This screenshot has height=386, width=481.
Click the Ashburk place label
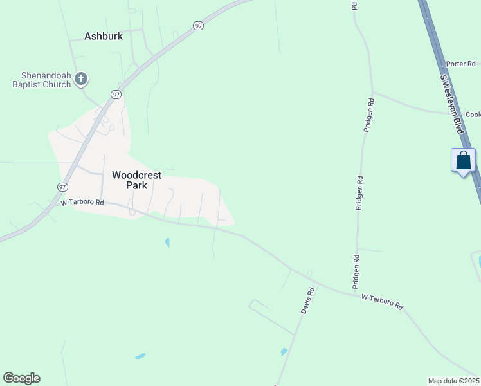[104, 36]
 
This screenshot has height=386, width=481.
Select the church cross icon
[81, 79]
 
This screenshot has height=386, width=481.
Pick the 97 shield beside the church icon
[116, 94]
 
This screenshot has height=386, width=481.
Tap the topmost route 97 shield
[198, 25]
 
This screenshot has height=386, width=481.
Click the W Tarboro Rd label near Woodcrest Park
[82, 202]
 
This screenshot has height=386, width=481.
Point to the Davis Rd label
[308, 300]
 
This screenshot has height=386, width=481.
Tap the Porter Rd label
[460, 64]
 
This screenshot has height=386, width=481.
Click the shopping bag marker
[464, 161]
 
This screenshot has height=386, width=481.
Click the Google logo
[21, 378]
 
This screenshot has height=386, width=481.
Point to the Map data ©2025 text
[453, 380]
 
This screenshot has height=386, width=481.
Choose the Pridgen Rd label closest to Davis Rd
[356, 271]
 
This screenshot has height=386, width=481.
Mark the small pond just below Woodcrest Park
[167, 243]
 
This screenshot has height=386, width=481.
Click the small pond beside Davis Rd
[284, 352]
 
